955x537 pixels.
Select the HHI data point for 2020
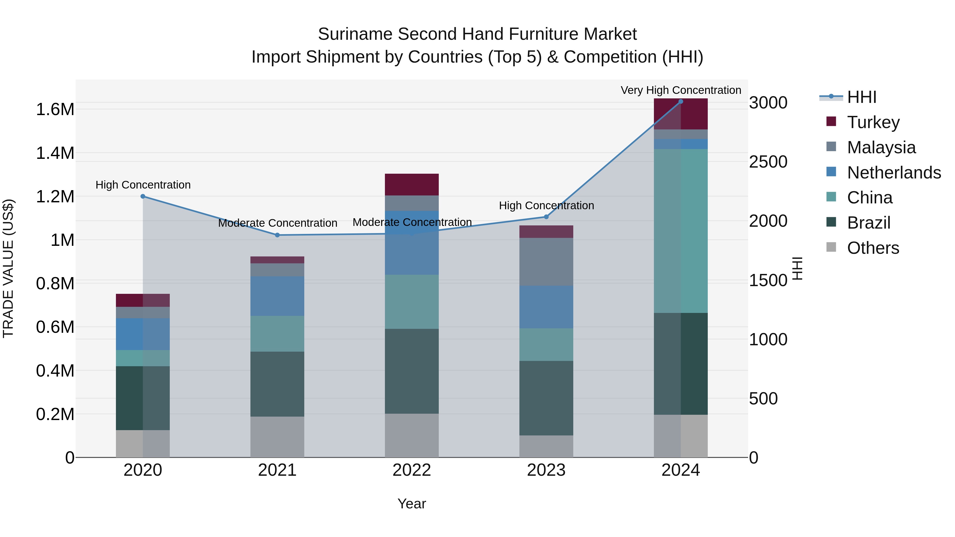coord(143,197)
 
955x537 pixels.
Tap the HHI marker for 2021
coord(277,235)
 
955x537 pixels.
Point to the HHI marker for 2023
coord(546,217)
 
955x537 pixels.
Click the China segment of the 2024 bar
coord(681,231)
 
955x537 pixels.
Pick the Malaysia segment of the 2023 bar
coord(546,262)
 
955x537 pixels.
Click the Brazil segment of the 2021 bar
coord(277,384)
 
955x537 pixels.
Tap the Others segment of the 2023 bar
coord(546,446)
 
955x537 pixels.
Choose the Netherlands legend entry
coord(894,173)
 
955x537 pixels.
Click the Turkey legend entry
coord(873,122)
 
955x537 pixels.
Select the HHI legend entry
coord(862,97)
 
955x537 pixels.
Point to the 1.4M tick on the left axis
coord(55,153)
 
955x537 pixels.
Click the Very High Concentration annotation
coord(681,90)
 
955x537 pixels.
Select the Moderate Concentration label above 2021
coord(277,223)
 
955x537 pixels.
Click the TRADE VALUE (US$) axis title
coord(8,268)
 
